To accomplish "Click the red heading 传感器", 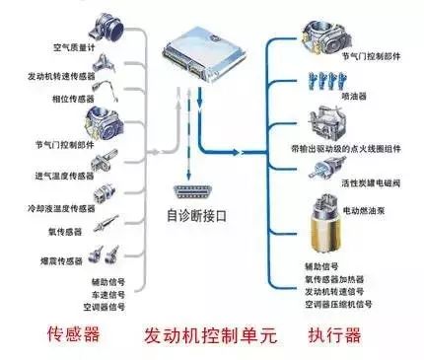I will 72,334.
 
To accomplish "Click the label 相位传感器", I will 74,100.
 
